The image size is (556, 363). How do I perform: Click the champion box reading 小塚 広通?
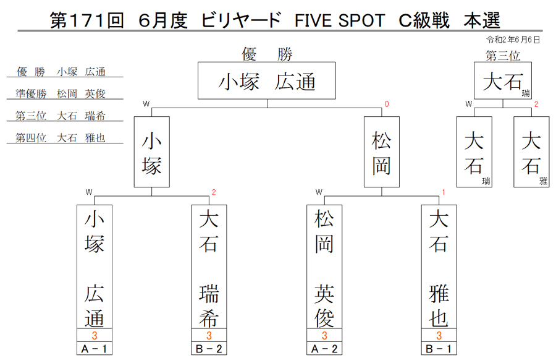pyautogui.click(x=267, y=80)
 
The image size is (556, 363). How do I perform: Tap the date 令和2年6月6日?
pyautogui.click(x=513, y=40)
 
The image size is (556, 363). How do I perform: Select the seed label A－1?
pyautogui.click(x=95, y=349)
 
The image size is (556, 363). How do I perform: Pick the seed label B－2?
pyautogui.click(x=209, y=349)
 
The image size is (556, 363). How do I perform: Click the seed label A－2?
pyautogui.click(x=324, y=349)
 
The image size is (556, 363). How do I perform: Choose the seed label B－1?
pyautogui.click(x=439, y=349)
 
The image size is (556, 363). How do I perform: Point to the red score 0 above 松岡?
pyautogui.click(x=387, y=104)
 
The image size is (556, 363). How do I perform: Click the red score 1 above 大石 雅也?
pyautogui.click(x=443, y=192)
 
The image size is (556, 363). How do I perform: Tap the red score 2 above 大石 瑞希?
pyautogui.click(x=214, y=192)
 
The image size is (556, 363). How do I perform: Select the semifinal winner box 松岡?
pyautogui.click(x=382, y=152)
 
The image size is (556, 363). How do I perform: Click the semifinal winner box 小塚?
pyautogui.click(x=152, y=152)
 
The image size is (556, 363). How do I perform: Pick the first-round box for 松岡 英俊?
pyautogui.click(x=324, y=267)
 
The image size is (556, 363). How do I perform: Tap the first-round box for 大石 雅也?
pyautogui.click(x=439, y=267)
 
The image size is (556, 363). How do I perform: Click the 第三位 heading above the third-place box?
pyautogui.click(x=503, y=56)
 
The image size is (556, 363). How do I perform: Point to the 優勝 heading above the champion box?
pyautogui.click(x=267, y=54)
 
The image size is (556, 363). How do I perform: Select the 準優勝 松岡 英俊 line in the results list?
pyautogui.click(x=61, y=93)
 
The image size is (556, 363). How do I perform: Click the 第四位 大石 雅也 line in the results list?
pyautogui.click(x=61, y=138)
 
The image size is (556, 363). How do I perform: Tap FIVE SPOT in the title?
pyautogui.click(x=340, y=20)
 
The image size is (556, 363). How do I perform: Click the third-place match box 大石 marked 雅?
pyautogui.click(x=531, y=152)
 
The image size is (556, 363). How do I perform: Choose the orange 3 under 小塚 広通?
pyautogui.click(x=95, y=335)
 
